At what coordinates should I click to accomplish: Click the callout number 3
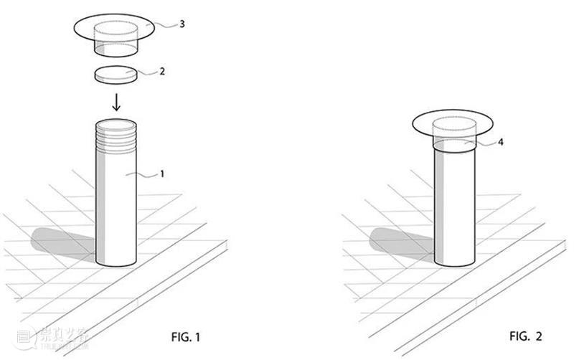point(182,24)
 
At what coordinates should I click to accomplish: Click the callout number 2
point(162,71)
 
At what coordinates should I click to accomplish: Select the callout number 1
point(162,174)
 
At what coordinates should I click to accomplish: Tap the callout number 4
point(500,142)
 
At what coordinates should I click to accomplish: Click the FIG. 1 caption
point(186,336)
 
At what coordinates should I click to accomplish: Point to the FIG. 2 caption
point(525,336)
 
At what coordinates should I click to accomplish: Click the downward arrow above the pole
point(116,102)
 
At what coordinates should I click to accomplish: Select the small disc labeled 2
point(116,75)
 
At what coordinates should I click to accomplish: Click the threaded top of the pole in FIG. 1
point(116,136)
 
